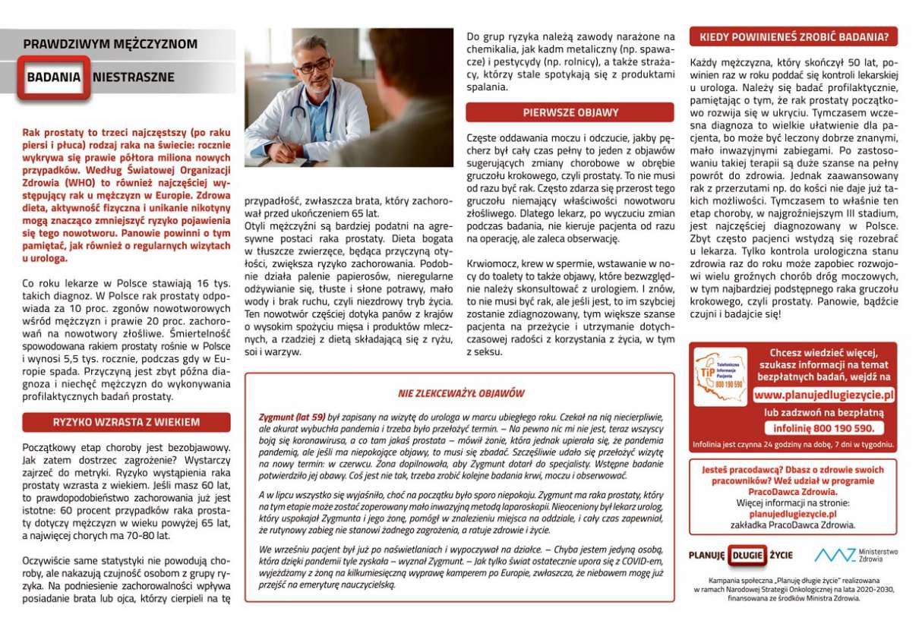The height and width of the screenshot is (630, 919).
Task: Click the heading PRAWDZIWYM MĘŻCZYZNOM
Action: coord(110,44)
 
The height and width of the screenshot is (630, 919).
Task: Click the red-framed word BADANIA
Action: coord(53,77)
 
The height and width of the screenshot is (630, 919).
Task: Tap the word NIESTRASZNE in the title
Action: coord(133,77)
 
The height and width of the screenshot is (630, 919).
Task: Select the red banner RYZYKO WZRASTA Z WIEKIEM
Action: coord(126,422)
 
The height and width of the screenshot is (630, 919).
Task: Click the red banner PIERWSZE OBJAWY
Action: coord(570,112)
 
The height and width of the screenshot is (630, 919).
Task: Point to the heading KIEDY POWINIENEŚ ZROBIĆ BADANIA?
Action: coord(793,36)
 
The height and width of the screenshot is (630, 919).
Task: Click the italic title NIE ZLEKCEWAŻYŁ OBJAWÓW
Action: coord(461,393)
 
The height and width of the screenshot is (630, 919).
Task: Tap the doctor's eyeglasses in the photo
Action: coord(313,66)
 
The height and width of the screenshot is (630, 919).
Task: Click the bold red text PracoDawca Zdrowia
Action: coord(792,492)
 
